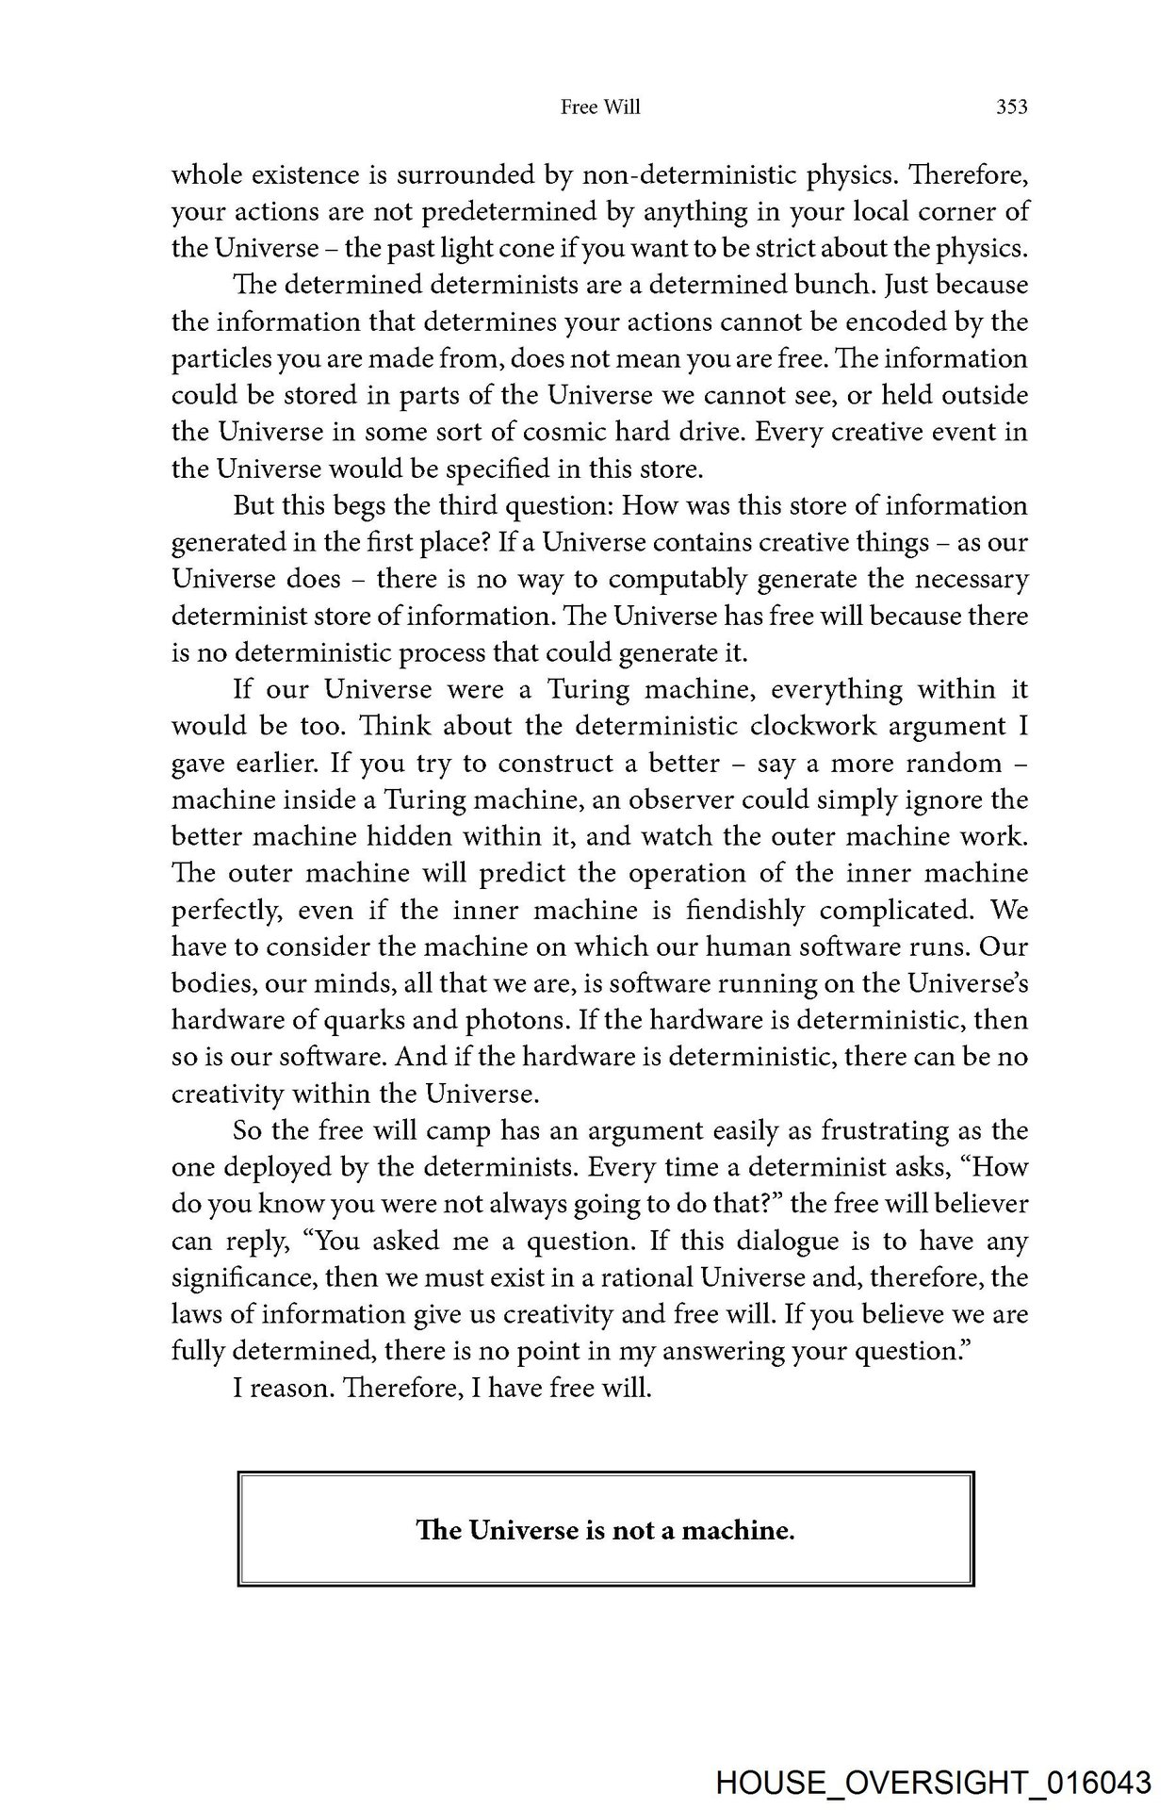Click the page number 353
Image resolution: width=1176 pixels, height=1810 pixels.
pyautogui.click(x=1011, y=107)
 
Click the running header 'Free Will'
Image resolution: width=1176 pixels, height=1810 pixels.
pyautogui.click(x=600, y=107)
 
